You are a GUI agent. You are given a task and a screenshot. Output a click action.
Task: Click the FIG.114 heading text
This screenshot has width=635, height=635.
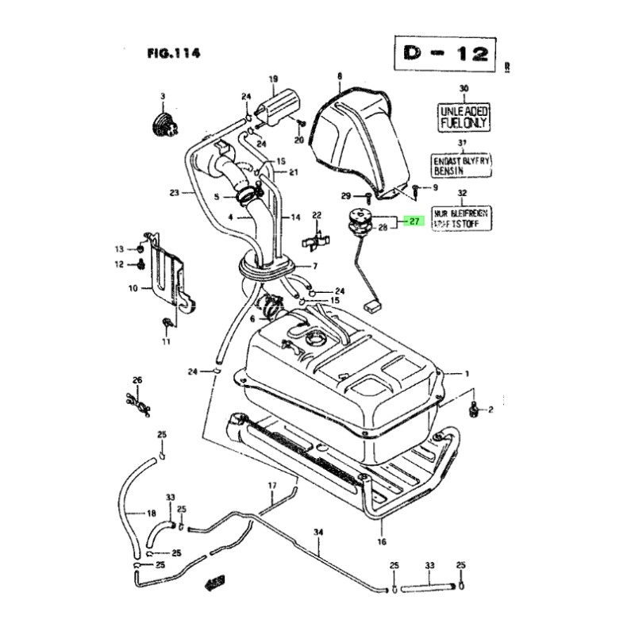pyautogui.click(x=172, y=54)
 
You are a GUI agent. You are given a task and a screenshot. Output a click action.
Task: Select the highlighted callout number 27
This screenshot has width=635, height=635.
pyautogui.click(x=413, y=222)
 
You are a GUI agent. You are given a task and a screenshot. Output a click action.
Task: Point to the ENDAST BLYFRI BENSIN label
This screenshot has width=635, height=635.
pyautogui.click(x=464, y=164)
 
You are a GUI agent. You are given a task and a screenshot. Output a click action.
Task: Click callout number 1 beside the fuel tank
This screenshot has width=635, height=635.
pyautogui.click(x=468, y=373)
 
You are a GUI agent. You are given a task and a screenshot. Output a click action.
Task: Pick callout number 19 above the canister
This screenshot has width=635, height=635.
pyautogui.click(x=273, y=79)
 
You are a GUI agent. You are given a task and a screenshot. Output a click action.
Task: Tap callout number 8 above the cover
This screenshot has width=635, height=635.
pyautogui.click(x=339, y=77)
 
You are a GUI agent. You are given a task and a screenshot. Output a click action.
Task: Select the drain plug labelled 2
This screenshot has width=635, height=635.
pyautogui.click(x=475, y=410)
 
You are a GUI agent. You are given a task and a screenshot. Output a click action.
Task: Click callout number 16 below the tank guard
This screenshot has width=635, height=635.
pyautogui.click(x=381, y=543)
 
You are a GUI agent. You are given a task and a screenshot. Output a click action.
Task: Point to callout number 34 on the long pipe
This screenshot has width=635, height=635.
pyautogui.click(x=318, y=532)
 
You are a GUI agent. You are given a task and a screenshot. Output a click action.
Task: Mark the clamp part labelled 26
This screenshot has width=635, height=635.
pyautogui.click(x=137, y=404)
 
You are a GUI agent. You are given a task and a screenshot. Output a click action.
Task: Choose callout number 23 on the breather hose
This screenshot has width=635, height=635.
pyautogui.click(x=174, y=191)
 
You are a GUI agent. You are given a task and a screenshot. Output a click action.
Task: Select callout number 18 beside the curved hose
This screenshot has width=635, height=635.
pyautogui.click(x=151, y=513)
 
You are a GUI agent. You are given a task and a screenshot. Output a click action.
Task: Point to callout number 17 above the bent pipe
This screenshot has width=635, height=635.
pyautogui.click(x=271, y=485)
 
